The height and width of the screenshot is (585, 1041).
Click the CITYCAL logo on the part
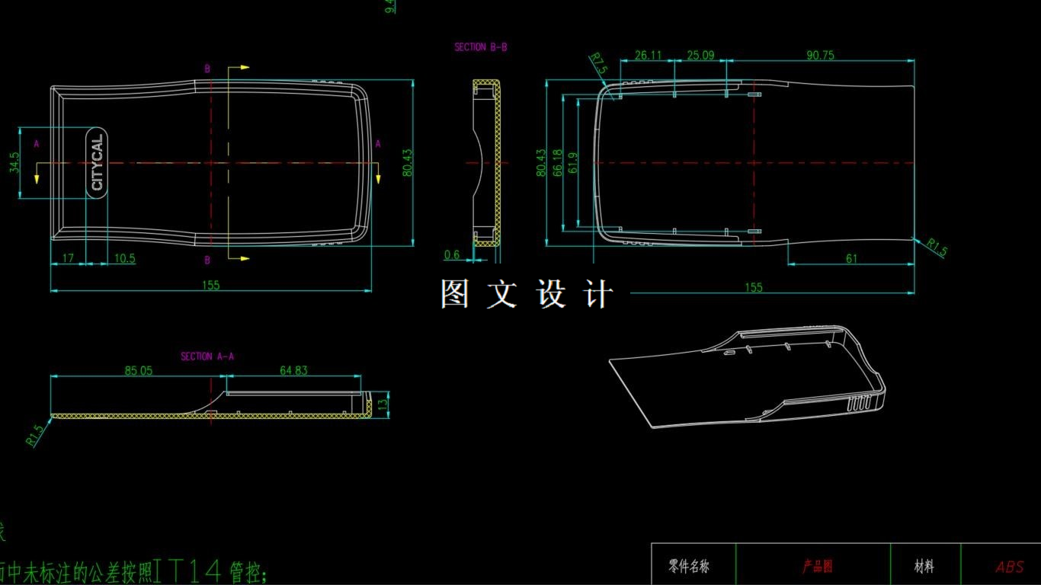(x=97, y=163)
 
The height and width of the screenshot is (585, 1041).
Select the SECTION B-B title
(x=481, y=47)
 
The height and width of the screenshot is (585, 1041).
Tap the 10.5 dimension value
(x=124, y=258)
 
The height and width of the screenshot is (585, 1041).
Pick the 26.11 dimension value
(x=648, y=56)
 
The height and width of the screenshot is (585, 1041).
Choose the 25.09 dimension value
(x=700, y=56)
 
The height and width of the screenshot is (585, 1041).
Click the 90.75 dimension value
(x=820, y=56)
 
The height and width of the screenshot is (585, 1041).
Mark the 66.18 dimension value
(x=557, y=162)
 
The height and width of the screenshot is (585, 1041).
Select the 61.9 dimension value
(x=573, y=162)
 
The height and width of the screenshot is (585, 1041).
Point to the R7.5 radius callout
(x=598, y=63)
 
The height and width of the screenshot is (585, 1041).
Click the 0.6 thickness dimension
(x=452, y=255)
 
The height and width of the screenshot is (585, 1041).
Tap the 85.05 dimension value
(x=139, y=371)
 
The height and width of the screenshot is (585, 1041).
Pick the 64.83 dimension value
(x=293, y=371)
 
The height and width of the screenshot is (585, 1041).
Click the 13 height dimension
(x=383, y=404)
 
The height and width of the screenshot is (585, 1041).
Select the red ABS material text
(x=1010, y=567)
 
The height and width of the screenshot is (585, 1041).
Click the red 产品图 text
(x=817, y=567)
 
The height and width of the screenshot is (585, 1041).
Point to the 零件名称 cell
(x=689, y=567)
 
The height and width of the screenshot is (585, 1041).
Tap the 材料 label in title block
(x=924, y=567)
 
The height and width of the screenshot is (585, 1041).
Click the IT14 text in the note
(x=187, y=570)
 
